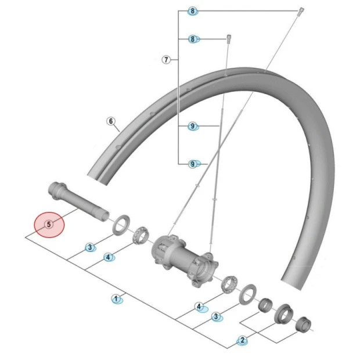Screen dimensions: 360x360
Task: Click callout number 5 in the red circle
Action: (49, 224)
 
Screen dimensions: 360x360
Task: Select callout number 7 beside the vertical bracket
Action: (166, 60)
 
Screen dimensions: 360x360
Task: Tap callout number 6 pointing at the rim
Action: (111, 121)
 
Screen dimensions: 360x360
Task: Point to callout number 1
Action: (116, 299)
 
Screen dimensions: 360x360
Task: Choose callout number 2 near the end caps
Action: (242, 340)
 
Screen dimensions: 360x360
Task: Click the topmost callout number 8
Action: (192, 11)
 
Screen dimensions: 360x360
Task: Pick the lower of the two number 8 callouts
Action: (193, 39)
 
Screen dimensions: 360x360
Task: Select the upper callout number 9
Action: (192, 126)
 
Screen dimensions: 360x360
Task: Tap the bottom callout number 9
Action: (192, 164)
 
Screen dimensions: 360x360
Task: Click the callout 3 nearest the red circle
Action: (90, 247)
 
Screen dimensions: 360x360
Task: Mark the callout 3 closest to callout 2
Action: (216, 317)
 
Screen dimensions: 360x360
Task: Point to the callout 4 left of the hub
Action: (108, 257)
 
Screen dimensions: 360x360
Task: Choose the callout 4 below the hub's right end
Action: (199, 307)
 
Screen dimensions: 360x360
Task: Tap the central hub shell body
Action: (185, 260)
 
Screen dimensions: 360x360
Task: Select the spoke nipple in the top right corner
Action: (301, 12)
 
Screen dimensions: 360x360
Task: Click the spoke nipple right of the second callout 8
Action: (229, 39)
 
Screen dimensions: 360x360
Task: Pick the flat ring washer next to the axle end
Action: (121, 224)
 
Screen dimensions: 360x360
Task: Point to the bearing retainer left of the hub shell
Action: (141, 235)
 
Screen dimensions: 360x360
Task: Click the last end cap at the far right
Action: (303, 324)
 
